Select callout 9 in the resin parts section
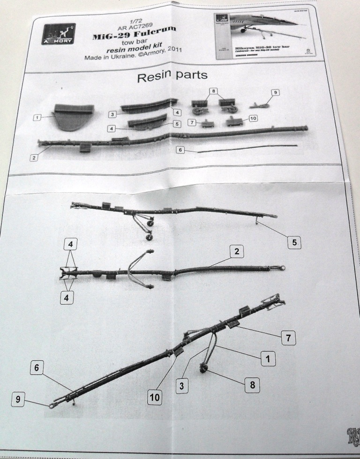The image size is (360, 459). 275,93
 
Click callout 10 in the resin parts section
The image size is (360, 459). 252,119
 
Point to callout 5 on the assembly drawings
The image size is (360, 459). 293,242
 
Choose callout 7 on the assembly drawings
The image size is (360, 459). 289,337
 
